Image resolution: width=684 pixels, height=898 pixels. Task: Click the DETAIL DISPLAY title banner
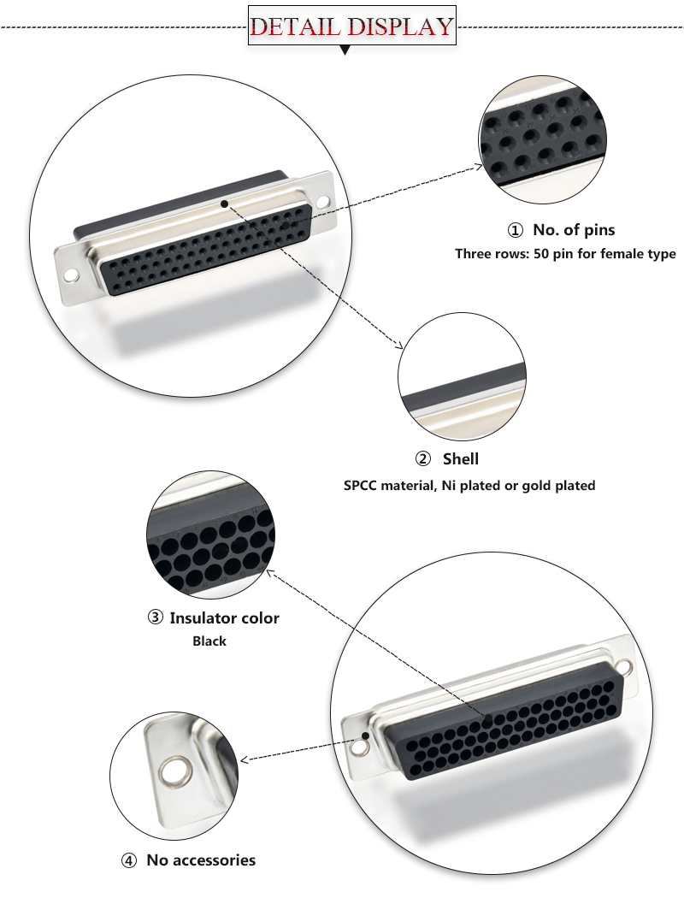click(351, 26)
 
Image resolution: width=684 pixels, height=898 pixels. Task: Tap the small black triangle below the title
click(345, 51)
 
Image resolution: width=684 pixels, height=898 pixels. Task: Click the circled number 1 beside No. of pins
click(515, 230)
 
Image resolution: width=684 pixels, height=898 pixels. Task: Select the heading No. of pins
click(574, 229)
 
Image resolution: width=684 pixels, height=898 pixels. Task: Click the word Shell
click(461, 459)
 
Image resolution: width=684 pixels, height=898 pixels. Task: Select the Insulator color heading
click(224, 617)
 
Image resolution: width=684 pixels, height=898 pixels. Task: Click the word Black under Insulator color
click(209, 641)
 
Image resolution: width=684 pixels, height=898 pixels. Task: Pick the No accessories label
click(201, 860)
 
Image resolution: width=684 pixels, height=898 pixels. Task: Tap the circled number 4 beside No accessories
click(129, 860)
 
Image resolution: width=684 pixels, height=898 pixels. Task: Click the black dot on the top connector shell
click(224, 204)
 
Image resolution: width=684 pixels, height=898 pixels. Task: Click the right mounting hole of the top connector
click(322, 204)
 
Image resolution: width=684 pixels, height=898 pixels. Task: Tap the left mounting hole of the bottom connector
click(363, 747)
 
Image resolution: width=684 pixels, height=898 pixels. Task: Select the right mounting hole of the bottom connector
click(626, 666)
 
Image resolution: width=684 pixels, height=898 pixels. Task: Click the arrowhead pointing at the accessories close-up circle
click(245, 759)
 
